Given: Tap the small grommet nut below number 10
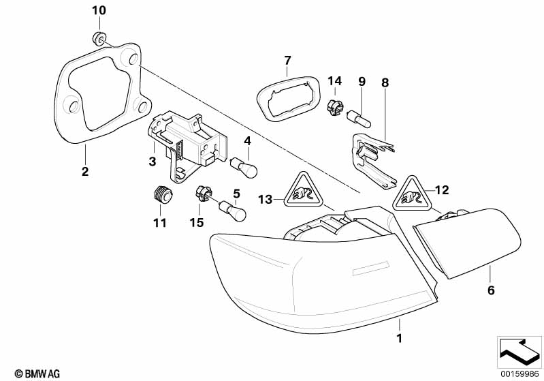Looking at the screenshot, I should pos(99,38).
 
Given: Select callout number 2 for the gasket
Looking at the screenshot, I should pos(85,172).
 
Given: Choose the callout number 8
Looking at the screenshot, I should pos(385,82).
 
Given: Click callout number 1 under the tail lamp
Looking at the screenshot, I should pos(400,336).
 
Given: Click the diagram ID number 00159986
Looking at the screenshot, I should pos(518,373).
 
